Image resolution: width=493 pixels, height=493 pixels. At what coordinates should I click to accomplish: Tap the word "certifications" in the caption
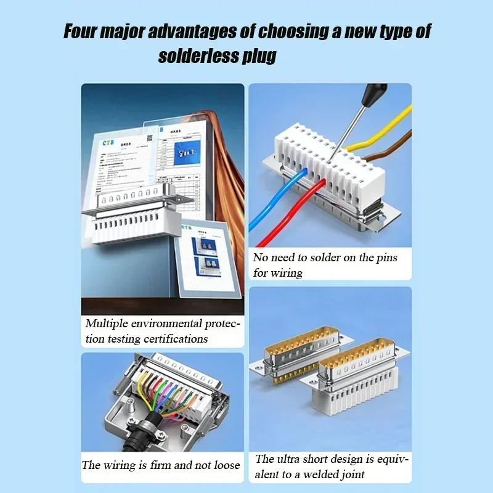click(x=176, y=338)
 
